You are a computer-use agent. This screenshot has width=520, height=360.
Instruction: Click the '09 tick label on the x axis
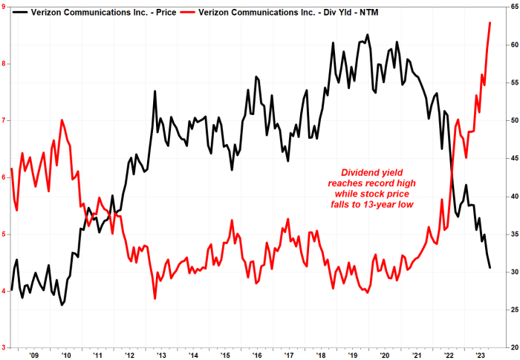click(34, 355)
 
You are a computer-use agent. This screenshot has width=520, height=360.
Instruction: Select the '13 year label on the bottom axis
click(160, 355)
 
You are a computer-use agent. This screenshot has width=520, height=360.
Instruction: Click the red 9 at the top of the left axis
click(4, 7)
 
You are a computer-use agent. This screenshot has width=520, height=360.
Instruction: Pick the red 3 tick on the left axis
click(4, 347)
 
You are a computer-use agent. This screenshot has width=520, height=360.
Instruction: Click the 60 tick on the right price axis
click(513, 45)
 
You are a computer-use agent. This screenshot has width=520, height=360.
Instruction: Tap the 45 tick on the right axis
click(513, 158)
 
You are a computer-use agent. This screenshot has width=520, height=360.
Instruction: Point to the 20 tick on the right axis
click(513, 347)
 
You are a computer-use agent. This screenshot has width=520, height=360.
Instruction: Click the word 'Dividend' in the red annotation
click(352, 171)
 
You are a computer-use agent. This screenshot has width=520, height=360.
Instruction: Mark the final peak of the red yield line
click(490, 23)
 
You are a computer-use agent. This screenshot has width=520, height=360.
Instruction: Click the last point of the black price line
click(490, 268)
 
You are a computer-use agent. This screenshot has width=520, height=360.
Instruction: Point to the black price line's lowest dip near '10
click(62, 305)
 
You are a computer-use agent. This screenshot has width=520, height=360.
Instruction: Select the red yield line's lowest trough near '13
click(155, 298)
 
